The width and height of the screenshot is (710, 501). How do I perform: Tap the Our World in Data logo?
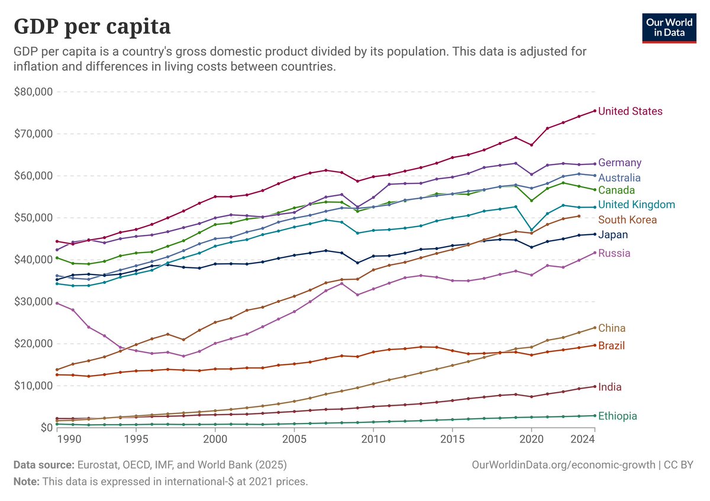(x=669, y=27)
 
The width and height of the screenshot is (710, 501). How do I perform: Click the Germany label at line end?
(x=619, y=163)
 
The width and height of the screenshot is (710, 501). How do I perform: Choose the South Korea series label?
(x=627, y=220)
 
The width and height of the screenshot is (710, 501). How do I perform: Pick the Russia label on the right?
(x=614, y=253)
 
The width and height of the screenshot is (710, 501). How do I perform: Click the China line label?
(x=612, y=328)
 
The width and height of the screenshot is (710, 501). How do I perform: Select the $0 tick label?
(x=44, y=427)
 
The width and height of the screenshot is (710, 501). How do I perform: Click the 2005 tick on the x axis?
(x=294, y=439)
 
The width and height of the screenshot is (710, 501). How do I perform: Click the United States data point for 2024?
(x=595, y=111)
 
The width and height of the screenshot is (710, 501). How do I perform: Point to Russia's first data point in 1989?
(x=57, y=303)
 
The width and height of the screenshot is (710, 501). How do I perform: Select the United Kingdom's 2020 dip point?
(x=531, y=230)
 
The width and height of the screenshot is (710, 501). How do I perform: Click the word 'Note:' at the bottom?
(x=26, y=481)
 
